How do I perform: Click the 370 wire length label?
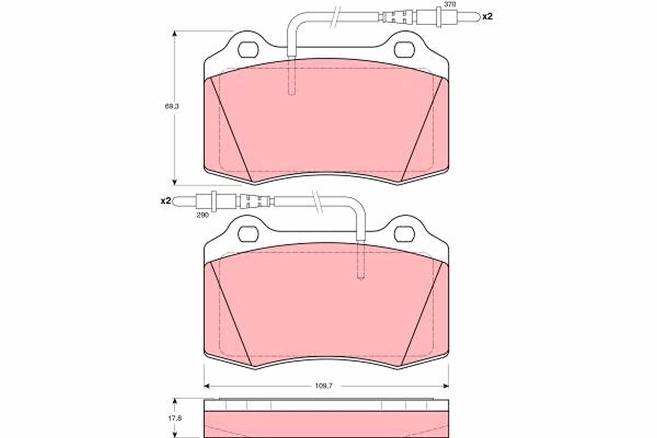449,4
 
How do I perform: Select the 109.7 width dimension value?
324,385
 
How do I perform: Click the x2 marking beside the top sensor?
487,17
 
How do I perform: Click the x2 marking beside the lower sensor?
166,201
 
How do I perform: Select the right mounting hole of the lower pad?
405,234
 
